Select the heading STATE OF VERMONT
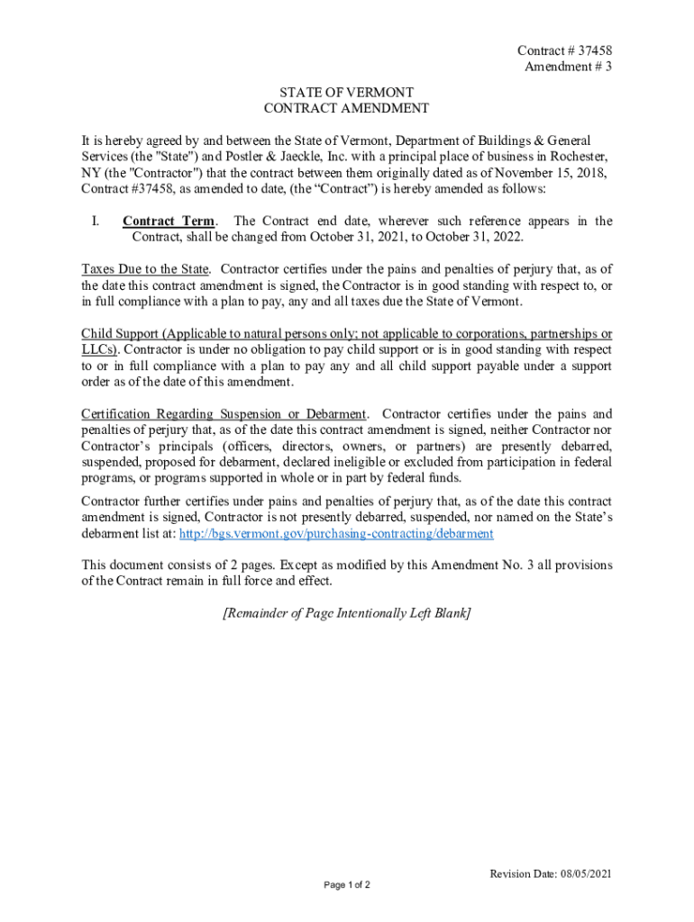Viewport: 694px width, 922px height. pos(346,92)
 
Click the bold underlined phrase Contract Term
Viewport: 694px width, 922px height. pos(169,221)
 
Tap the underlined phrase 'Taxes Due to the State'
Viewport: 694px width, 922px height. pos(146,269)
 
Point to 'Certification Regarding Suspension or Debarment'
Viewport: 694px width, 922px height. pos(224,414)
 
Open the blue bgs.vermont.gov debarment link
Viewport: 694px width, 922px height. pos(337,534)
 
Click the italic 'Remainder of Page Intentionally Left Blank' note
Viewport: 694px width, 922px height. pos(346,614)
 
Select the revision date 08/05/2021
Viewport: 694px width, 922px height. pos(586,874)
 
